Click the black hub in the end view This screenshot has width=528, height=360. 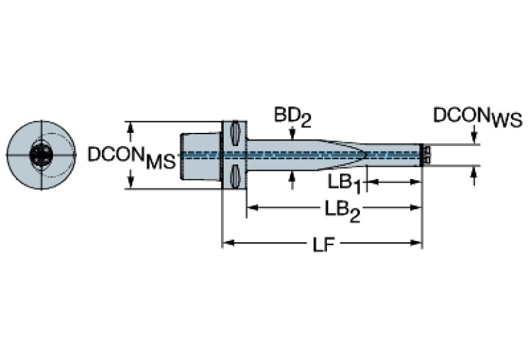click(x=39, y=156)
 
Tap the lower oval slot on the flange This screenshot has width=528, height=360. click(x=235, y=178)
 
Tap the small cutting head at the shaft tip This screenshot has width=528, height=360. click(x=425, y=155)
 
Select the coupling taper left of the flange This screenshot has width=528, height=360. click(x=200, y=155)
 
